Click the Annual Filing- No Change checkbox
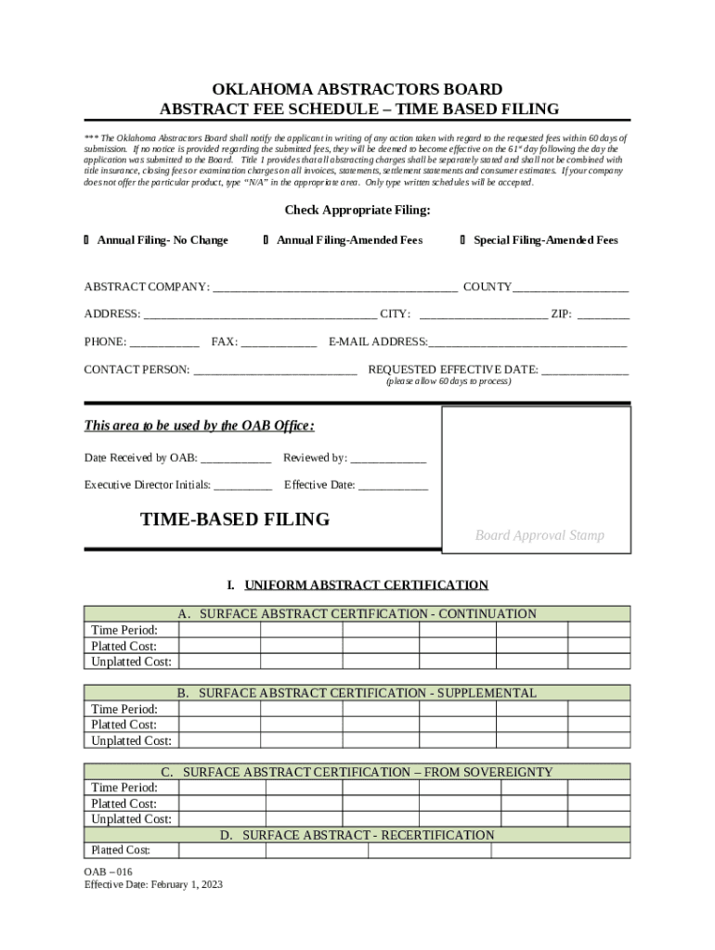click(86, 240)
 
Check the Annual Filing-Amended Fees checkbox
click(266, 240)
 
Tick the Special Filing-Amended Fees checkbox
click(463, 240)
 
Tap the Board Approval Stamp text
click(539, 535)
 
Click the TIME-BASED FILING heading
click(235, 520)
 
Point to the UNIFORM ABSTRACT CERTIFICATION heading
click(366, 585)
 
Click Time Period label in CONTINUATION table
click(123, 631)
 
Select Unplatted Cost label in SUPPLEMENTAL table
click(131, 740)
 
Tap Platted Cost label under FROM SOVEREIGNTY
click(123, 803)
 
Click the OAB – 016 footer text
click(109, 871)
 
